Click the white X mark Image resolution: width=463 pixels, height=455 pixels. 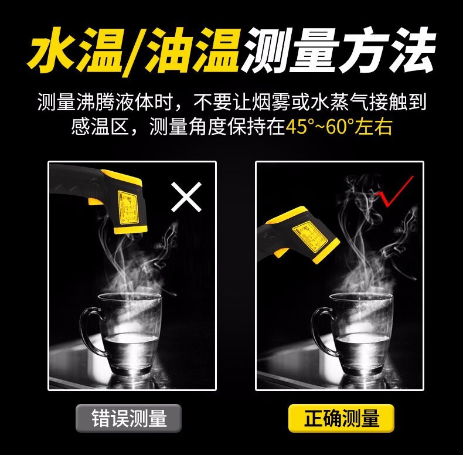[x=186, y=197]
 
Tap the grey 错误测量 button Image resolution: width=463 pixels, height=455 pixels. [x=128, y=418]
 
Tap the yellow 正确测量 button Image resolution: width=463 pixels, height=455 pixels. [x=341, y=418]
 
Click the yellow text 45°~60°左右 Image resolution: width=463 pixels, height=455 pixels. [x=339, y=127]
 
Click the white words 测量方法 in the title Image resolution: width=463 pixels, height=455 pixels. [x=339, y=50]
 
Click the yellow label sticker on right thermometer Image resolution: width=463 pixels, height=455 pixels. [x=310, y=236]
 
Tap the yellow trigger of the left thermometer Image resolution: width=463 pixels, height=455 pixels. [x=95, y=202]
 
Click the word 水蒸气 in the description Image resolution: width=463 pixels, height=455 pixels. [x=339, y=103]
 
